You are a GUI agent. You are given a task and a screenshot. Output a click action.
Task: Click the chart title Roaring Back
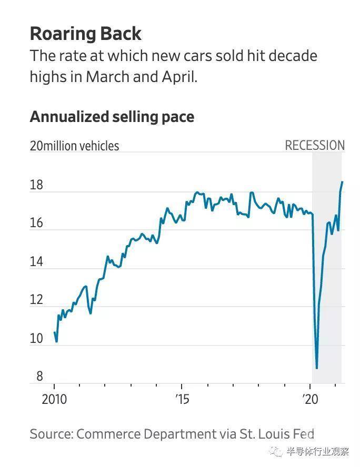[85, 34]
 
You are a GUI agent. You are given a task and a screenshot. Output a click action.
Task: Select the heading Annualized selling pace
[112, 117]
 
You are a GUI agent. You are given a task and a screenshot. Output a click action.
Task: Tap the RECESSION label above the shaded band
[315, 146]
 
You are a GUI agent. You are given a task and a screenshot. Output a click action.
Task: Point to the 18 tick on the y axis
[36, 186]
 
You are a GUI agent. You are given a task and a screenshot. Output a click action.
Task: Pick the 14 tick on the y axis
[36, 263]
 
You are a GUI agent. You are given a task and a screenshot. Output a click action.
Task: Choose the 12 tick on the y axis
[36, 301]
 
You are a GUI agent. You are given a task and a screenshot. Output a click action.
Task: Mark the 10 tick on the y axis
[36, 339]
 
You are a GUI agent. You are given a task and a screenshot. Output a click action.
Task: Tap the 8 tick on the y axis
[39, 377]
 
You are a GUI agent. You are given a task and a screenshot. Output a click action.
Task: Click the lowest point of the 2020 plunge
[317, 368]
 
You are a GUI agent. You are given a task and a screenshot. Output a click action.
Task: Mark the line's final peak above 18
[342, 182]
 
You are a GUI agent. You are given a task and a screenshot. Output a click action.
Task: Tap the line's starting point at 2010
[54, 332]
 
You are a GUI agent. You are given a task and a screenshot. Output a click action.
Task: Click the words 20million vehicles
[74, 146]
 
